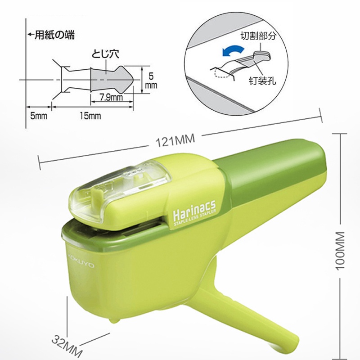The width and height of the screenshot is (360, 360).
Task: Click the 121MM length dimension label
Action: point(175,140)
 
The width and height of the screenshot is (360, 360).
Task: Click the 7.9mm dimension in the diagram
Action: point(111,97)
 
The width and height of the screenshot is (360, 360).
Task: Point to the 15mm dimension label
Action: point(90,116)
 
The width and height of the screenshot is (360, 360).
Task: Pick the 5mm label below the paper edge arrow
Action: point(39,116)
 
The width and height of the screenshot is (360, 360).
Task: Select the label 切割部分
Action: point(258,36)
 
